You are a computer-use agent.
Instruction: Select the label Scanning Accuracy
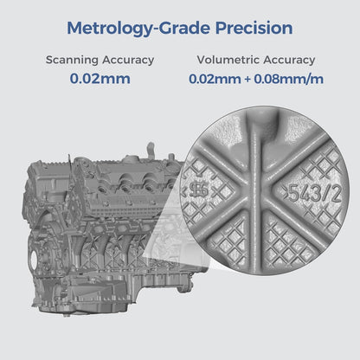[100, 61]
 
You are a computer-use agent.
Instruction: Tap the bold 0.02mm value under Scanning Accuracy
[100, 78]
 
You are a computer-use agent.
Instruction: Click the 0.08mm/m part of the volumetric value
[278, 78]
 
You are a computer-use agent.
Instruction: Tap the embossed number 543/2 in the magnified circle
[309, 194]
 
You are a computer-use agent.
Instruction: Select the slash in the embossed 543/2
[318, 194]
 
